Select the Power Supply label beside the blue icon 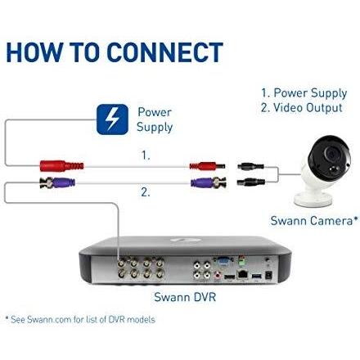click(155, 119)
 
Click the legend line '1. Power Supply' click(303, 93)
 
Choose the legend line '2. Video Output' click(303, 108)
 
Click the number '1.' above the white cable click(146, 154)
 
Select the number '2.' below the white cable click(146, 194)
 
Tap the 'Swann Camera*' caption click(314, 221)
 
